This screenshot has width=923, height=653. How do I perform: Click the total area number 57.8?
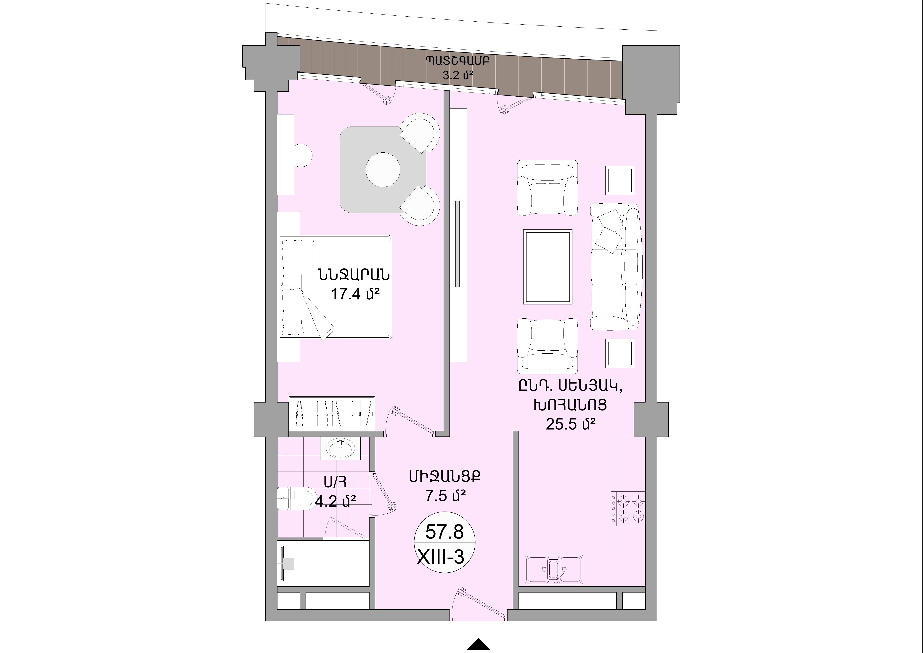click(x=445, y=532)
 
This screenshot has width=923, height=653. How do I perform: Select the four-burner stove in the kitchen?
click(x=628, y=508)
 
